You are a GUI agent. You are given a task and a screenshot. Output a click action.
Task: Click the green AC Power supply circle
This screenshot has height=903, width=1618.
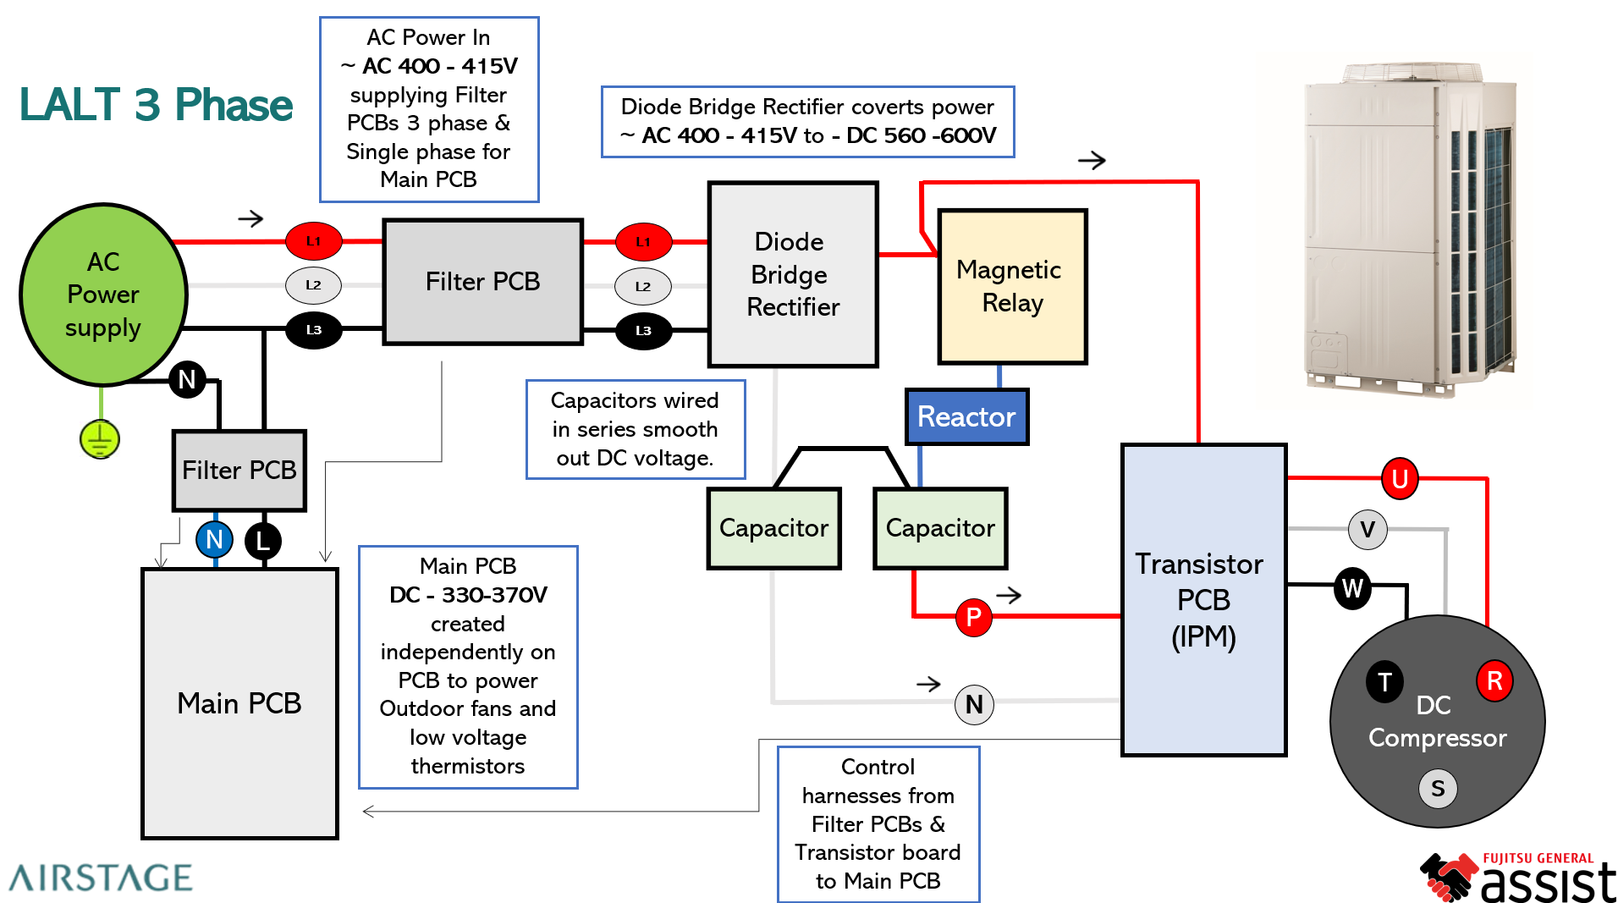103,295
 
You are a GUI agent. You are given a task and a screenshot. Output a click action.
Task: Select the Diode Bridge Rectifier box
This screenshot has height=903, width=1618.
793,274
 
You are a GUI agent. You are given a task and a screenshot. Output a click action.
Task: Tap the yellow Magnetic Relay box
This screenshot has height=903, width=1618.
1012,286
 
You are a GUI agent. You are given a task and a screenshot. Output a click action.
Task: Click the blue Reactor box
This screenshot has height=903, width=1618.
966,416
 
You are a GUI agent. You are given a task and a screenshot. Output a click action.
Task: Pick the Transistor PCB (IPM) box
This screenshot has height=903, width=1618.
1203,599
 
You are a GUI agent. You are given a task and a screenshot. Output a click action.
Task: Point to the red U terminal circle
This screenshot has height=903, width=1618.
1400,479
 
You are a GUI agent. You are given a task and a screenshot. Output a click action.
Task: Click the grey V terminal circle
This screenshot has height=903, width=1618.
1368,530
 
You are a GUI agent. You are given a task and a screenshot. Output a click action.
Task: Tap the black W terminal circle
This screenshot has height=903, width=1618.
1352,587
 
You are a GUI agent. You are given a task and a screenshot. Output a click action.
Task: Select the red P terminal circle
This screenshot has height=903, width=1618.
973,617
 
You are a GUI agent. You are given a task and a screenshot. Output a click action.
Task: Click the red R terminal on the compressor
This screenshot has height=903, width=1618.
1494,680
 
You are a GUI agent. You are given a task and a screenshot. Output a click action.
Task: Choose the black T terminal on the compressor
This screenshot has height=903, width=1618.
1384,681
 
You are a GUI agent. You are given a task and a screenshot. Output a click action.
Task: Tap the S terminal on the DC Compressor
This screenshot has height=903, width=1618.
1438,788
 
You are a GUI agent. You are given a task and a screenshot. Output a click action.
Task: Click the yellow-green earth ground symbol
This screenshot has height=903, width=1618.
100,439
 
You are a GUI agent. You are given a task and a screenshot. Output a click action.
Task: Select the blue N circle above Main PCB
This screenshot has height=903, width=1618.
214,539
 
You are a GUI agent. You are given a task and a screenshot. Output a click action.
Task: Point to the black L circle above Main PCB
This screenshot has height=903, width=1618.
263,540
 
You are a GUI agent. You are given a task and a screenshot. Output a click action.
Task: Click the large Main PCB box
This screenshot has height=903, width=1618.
239,702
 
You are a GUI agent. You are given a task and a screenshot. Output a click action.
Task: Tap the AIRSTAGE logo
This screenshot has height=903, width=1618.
101,878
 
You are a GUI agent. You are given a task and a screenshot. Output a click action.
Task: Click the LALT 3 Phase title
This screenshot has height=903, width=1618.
156,105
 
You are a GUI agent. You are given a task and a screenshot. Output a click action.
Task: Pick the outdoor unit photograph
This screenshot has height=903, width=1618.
1410,229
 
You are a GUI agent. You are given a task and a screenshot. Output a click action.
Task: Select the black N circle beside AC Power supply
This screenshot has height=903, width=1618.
187,379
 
